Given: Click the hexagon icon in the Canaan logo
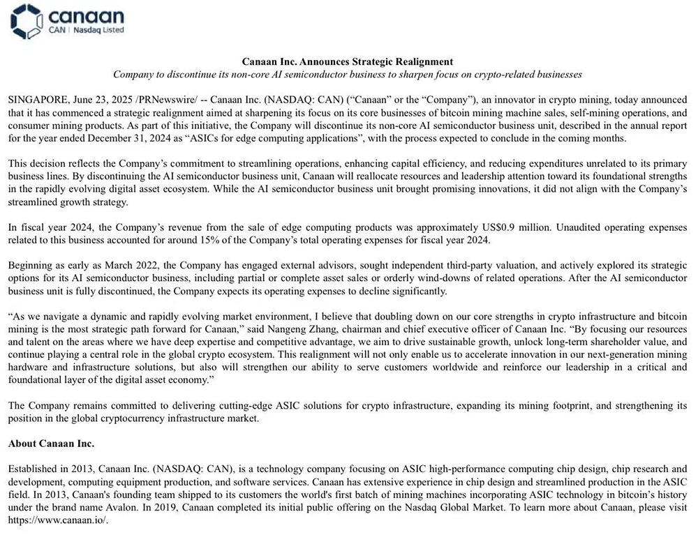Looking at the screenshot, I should click(27, 21).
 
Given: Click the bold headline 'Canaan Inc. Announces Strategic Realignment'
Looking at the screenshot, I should click(347, 62).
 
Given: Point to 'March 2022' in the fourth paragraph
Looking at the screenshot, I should click(125, 266).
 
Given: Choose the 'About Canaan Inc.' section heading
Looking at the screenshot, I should click(51, 444).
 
